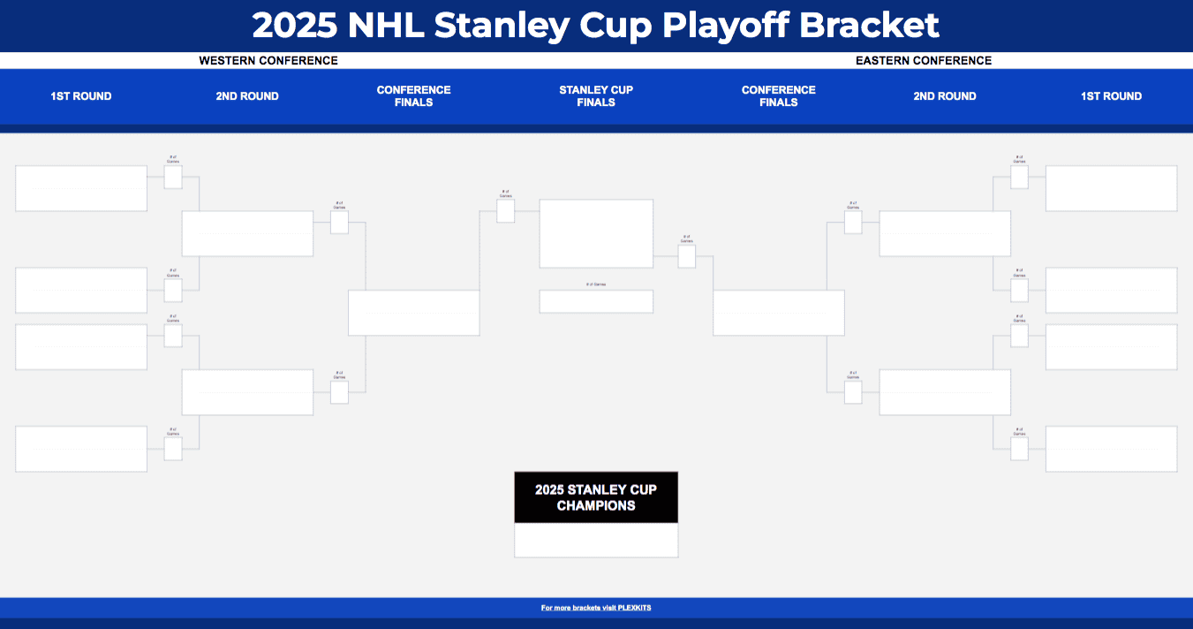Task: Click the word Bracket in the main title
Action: pos(868,26)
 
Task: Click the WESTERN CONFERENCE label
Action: pos(268,61)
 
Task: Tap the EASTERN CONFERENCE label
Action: pos(923,61)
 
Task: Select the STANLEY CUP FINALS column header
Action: pos(596,96)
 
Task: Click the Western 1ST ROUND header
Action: pos(81,96)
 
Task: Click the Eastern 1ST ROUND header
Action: pos(1111,96)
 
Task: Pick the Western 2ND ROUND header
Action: pos(247,96)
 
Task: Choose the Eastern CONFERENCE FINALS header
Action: pos(778,96)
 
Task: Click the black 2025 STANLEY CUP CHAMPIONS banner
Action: pos(596,497)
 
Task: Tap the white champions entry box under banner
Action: pos(596,540)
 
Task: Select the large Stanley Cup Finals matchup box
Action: pos(596,233)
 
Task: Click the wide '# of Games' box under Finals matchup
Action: pos(596,301)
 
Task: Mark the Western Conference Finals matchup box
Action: pos(413,313)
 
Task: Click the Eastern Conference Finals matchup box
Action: pos(778,313)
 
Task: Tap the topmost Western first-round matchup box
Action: pos(81,188)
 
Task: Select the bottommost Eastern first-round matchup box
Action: pos(1111,449)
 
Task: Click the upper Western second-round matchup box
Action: pos(247,233)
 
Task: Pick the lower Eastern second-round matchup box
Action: pos(945,392)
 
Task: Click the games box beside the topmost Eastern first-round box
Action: pos(1019,177)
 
